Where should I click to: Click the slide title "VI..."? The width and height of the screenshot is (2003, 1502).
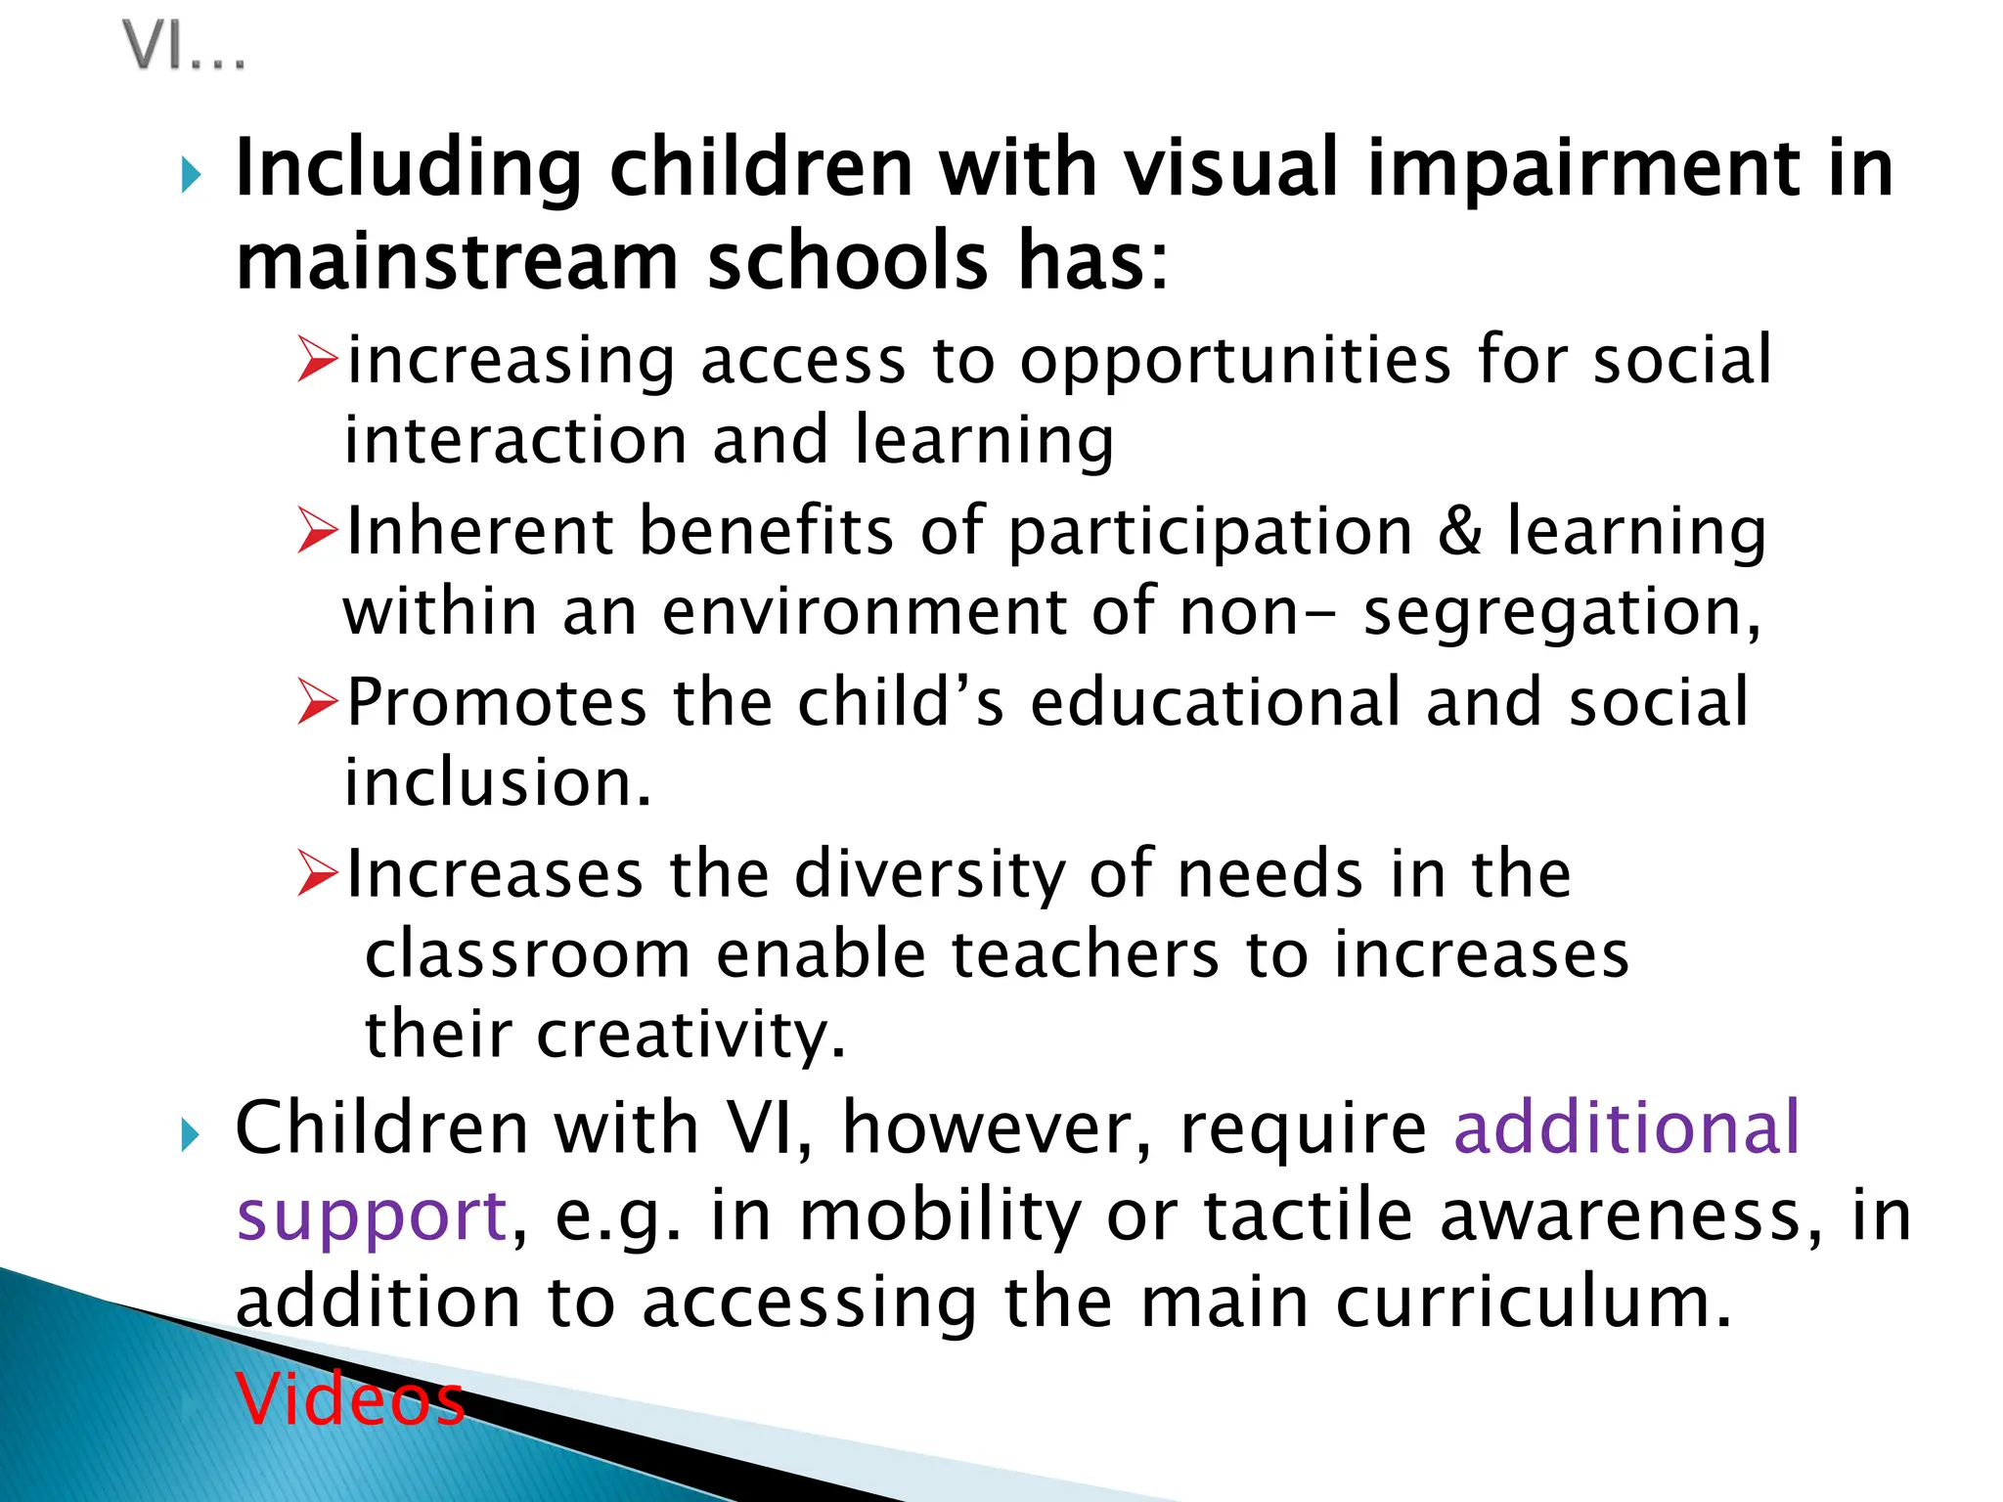pyautogui.click(x=184, y=47)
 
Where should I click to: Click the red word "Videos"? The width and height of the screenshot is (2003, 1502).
pyautogui.click(x=350, y=1399)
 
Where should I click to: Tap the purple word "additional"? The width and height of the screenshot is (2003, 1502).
pyautogui.click(x=1626, y=1127)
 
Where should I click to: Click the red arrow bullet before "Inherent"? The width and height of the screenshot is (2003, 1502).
pyautogui.click(x=318, y=531)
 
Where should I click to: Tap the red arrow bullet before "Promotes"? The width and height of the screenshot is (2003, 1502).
pyautogui.click(x=318, y=702)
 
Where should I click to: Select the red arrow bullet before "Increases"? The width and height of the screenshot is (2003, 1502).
pyautogui.click(x=318, y=873)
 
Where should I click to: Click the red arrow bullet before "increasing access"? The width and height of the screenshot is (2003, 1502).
pyautogui.click(x=318, y=360)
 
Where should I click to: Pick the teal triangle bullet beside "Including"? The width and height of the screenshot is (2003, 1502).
pyautogui.click(x=192, y=177)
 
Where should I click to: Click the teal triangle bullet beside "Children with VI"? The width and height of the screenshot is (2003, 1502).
pyautogui.click(x=192, y=1136)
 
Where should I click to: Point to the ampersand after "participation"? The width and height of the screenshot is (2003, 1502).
pyautogui.click(x=1459, y=531)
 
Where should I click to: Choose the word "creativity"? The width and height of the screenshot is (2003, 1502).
pyautogui.click(x=690, y=1035)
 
